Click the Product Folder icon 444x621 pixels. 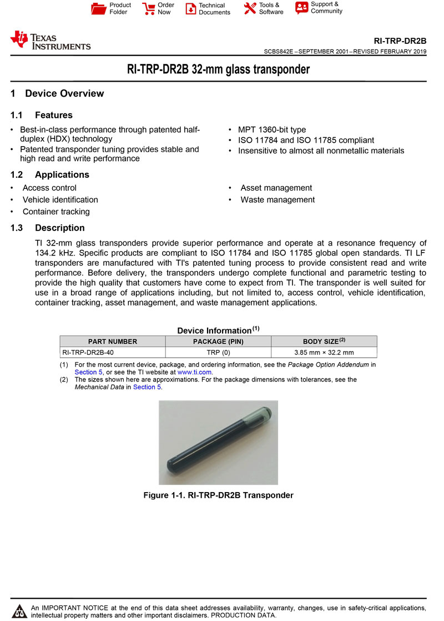[98, 8]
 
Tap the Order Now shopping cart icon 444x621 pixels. [148, 8]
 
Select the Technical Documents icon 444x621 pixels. [190, 9]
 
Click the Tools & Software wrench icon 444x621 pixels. [250, 8]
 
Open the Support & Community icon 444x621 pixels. [301, 8]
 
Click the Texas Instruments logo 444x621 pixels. [51, 41]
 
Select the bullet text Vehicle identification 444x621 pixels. [60, 200]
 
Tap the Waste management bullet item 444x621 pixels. [277, 200]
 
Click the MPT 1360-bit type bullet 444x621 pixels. [272, 130]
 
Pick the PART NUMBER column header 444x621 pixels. [113, 342]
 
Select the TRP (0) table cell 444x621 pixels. [218, 352]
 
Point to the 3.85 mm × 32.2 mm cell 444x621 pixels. [324, 352]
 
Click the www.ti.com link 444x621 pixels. [195, 372]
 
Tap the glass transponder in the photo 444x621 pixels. [218, 442]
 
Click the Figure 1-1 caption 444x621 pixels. [218, 495]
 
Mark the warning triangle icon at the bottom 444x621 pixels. [21, 611]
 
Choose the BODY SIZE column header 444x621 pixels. [324, 342]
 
